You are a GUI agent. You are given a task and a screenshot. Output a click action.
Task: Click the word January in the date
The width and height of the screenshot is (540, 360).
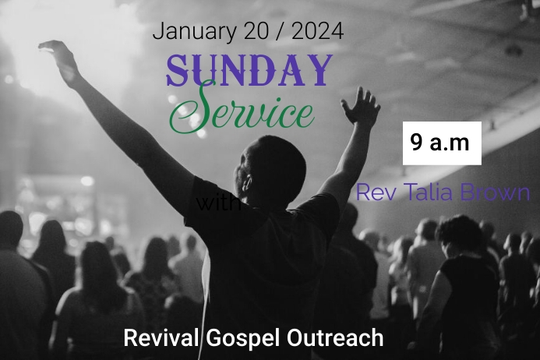click(191, 31)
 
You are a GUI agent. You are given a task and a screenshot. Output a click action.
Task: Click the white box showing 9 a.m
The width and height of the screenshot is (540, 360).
click(441, 143)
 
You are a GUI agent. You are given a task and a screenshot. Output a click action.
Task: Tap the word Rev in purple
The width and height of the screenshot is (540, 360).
click(372, 193)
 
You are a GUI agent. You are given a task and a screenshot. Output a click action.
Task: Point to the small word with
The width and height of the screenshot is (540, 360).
click(219, 204)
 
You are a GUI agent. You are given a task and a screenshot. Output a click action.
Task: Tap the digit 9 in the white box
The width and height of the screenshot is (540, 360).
click(417, 143)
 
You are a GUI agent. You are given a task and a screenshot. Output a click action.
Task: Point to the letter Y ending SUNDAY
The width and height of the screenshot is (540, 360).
click(317, 69)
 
